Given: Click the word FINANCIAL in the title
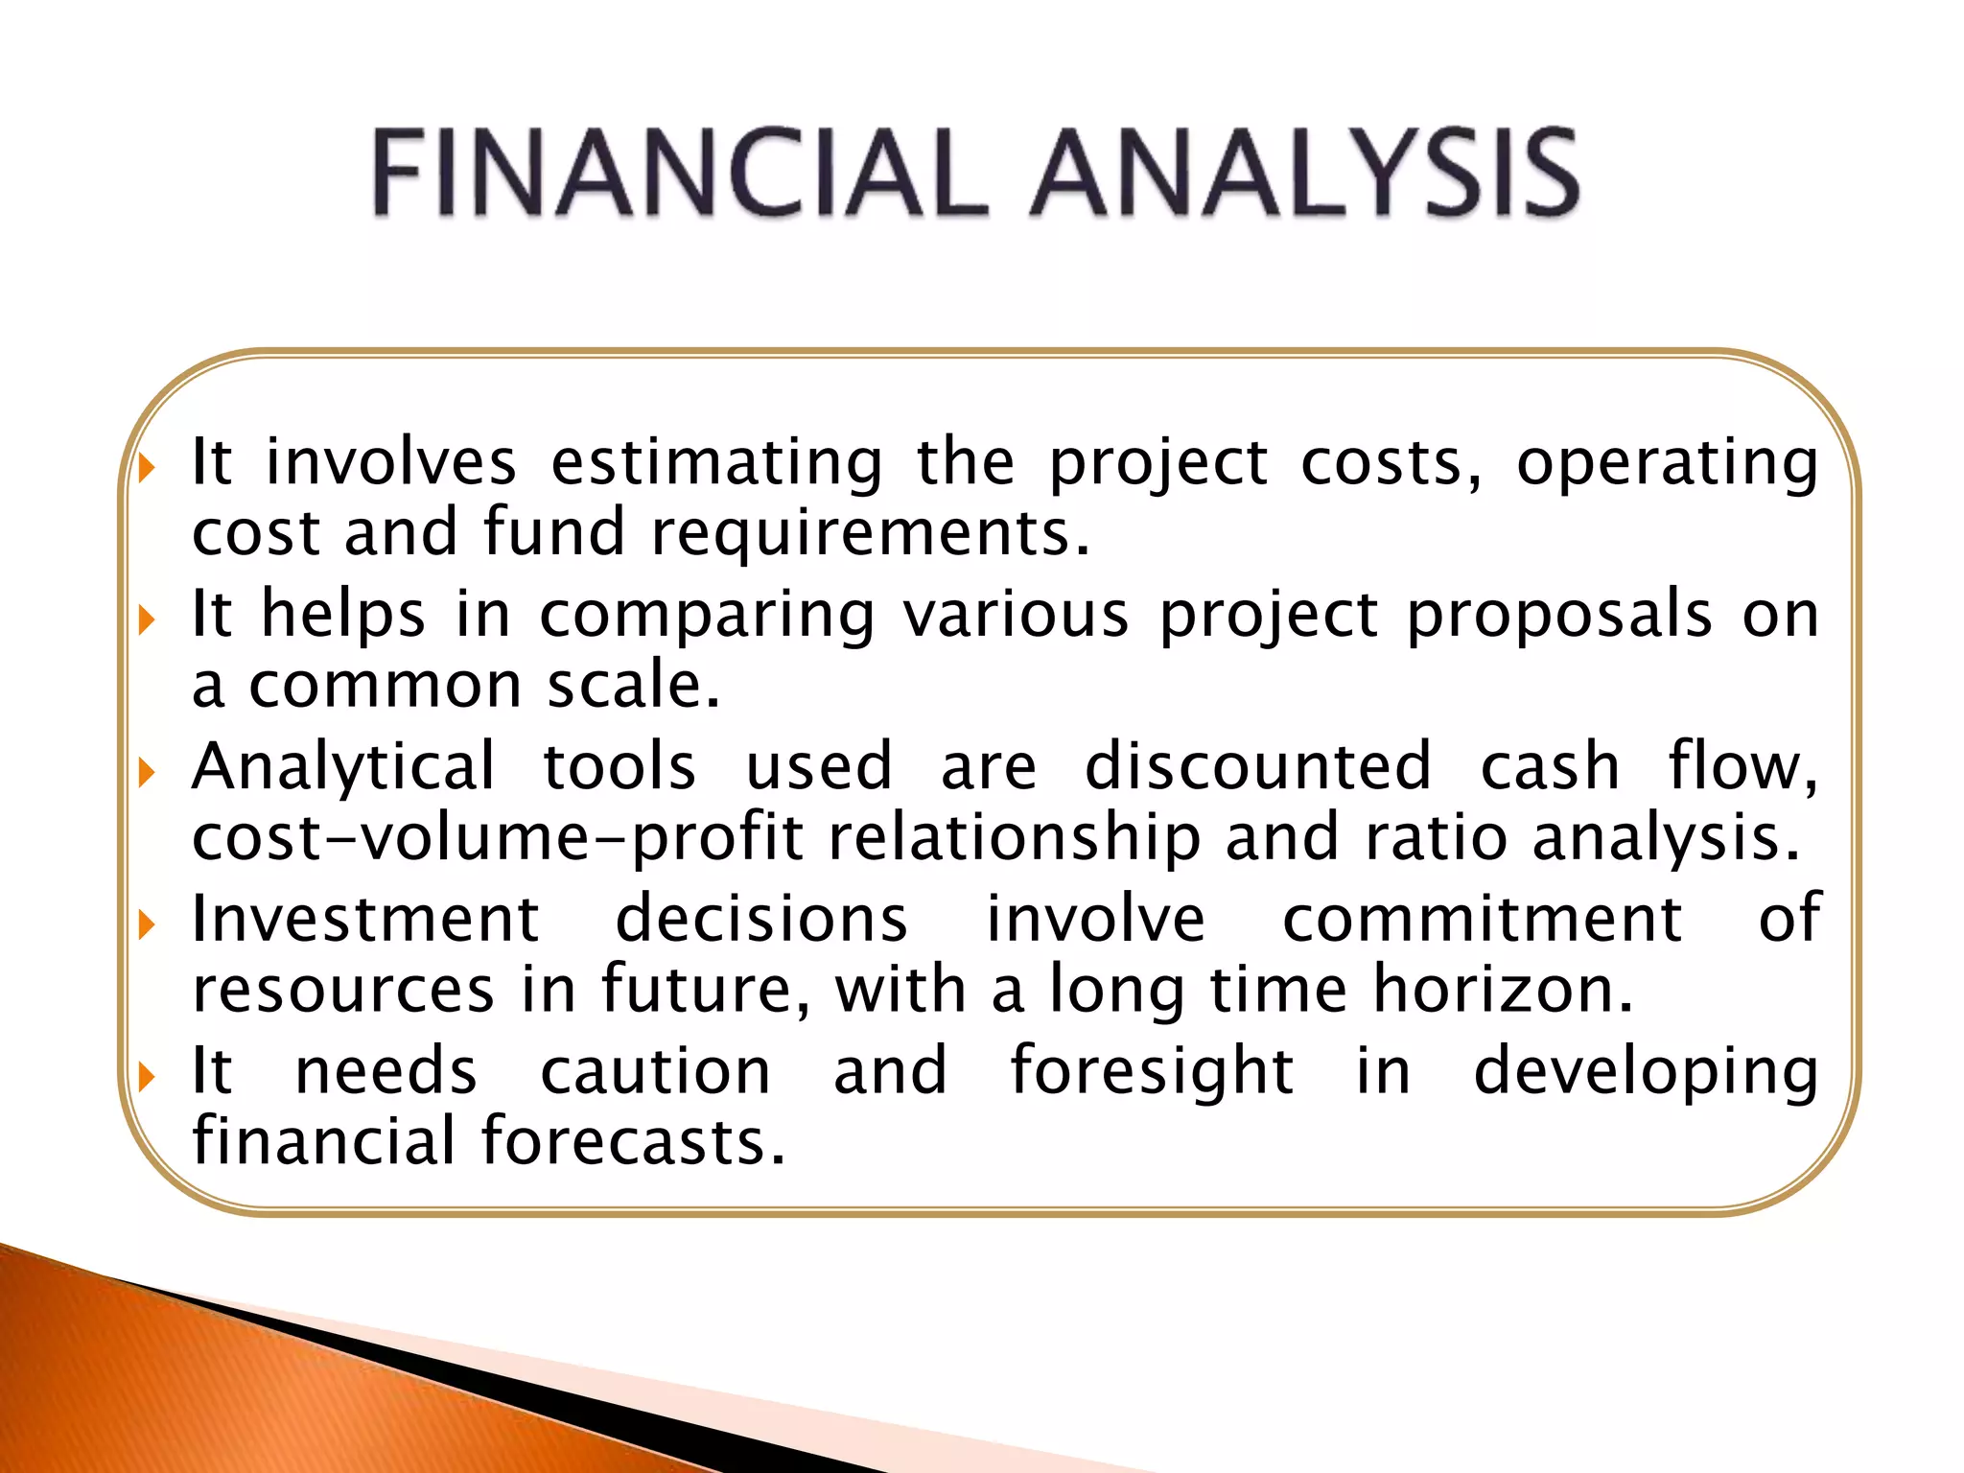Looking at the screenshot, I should pyautogui.click(x=678, y=174).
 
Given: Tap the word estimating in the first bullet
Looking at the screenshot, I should pyautogui.click(x=716, y=463).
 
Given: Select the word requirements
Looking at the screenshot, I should pyautogui.click(x=870, y=533).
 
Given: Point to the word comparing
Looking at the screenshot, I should pyautogui.click(x=707, y=616).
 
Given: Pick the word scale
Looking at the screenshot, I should pyautogui.click(x=633, y=686).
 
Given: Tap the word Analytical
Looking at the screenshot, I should pyautogui.click(x=343, y=768).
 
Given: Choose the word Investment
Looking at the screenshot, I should pyautogui.click(x=365, y=919).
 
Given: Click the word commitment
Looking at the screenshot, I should pyautogui.click(x=1482, y=919).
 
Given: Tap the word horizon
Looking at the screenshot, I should pyautogui.click(x=1503, y=990).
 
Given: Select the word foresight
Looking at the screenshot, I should pyautogui.click(x=1152, y=1072).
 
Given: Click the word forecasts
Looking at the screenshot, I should pyautogui.click(x=633, y=1142).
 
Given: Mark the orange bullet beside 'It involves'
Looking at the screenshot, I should pyautogui.click(x=146, y=469).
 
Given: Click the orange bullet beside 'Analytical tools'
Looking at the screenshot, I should pyautogui.click(x=146, y=773).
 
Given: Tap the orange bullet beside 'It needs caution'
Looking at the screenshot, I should pyautogui.click(x=146, y=1077).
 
